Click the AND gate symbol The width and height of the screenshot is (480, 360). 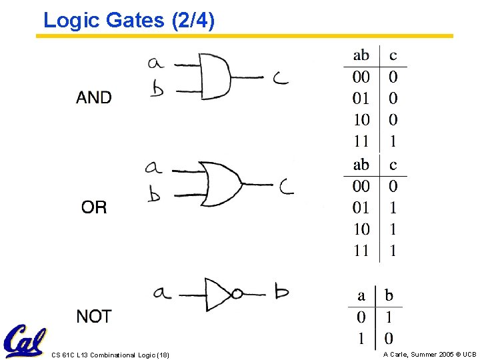215,75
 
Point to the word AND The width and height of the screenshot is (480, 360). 94,98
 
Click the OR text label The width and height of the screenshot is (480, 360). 94,207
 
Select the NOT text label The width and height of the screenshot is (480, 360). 94,317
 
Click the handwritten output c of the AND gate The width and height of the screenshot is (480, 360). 281,78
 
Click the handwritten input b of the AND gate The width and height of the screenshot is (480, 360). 157,89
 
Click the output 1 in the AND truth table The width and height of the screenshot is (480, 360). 393,141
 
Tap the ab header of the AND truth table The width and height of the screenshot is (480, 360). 361,55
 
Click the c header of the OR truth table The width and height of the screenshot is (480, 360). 393,165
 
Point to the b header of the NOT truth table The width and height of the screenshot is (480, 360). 389,295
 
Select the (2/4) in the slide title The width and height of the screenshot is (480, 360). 193,21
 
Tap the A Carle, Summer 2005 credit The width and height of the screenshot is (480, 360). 430,354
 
